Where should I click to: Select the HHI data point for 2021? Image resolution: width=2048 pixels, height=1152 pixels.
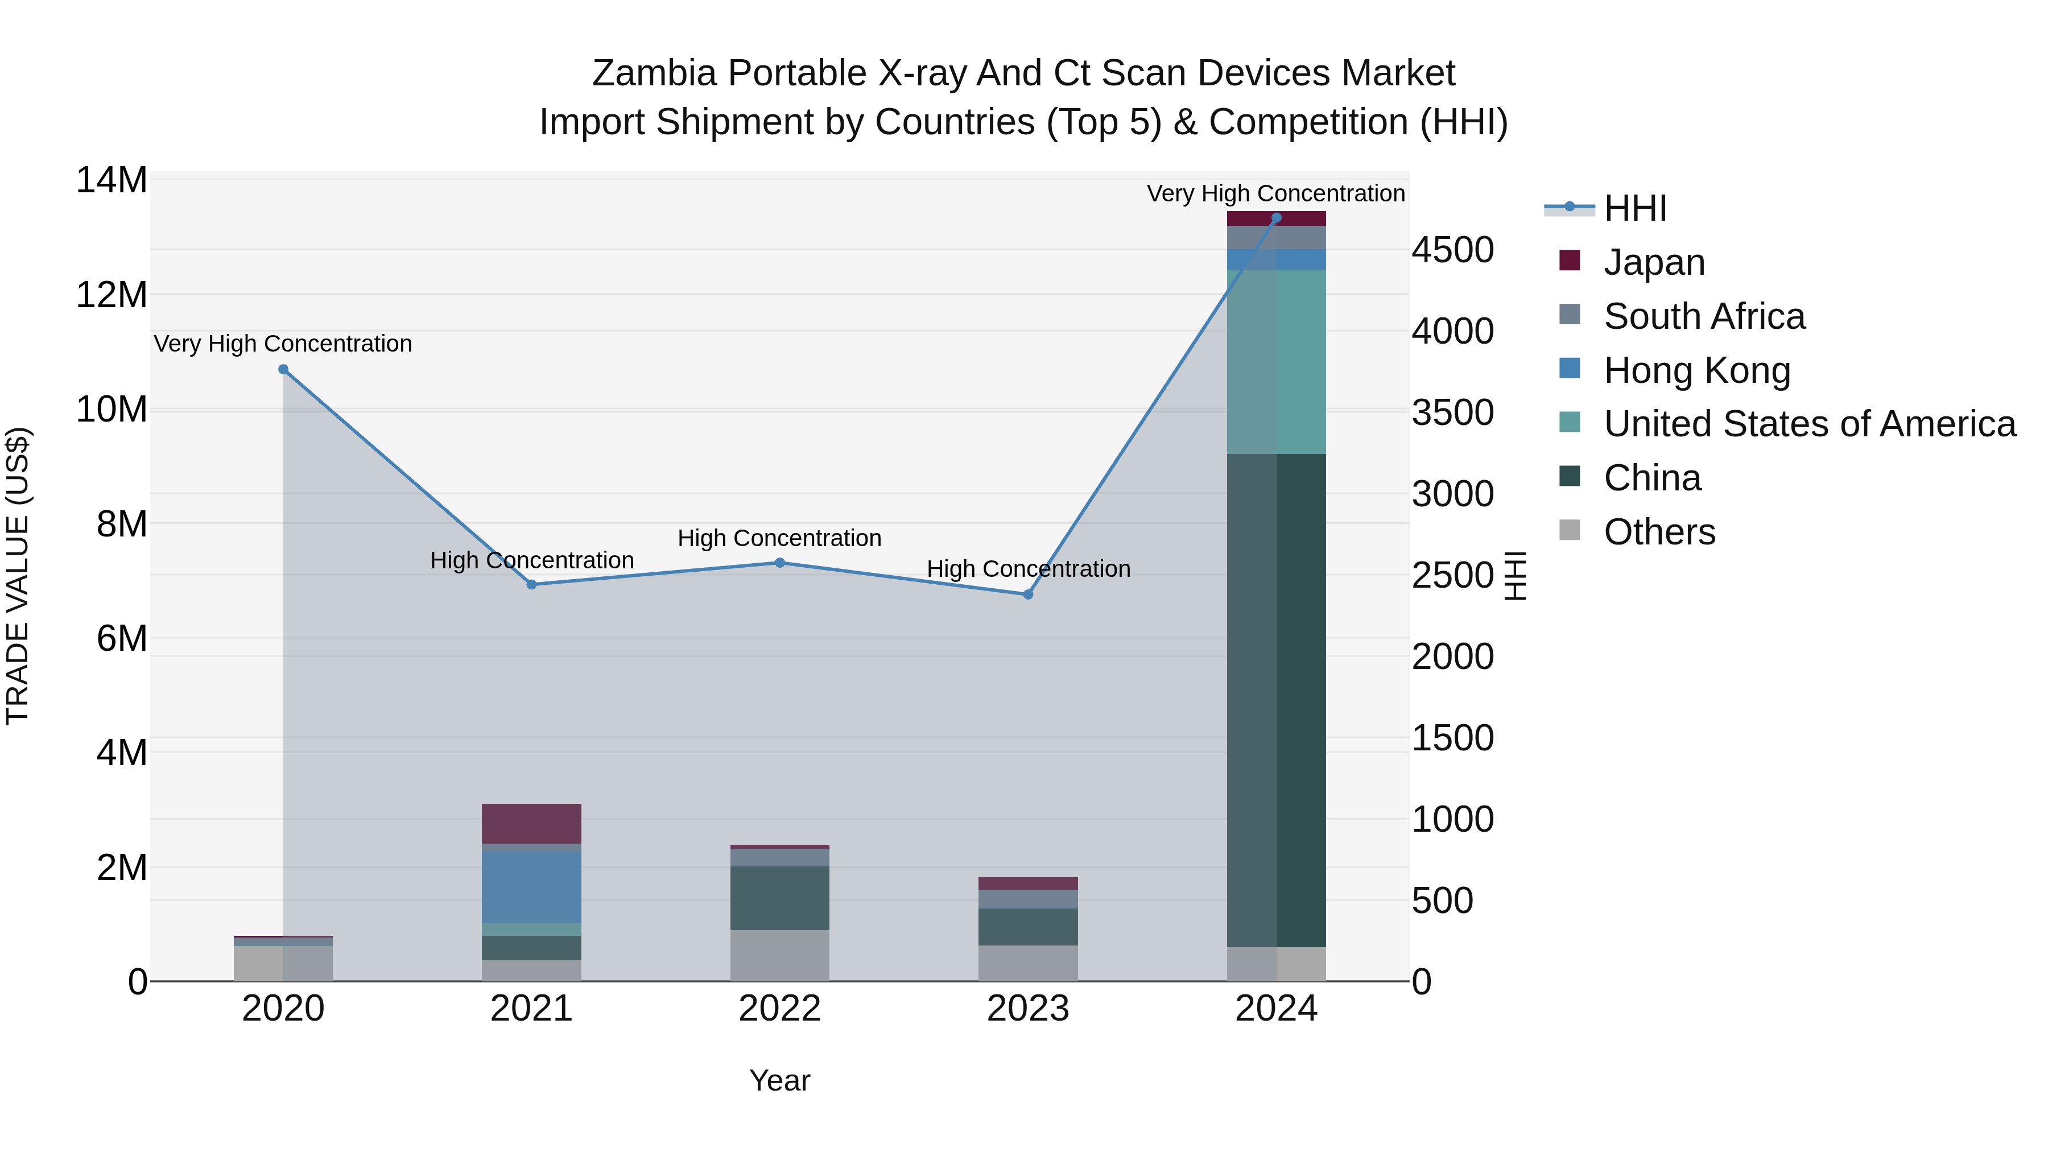click(x=532, y=584)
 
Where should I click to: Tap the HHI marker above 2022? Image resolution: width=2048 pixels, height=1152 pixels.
click(x=780, y=563)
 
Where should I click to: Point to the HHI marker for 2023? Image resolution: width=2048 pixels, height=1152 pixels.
click(x=1028, y=594)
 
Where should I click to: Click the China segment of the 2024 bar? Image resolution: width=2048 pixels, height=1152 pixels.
click(x=1276, y=700)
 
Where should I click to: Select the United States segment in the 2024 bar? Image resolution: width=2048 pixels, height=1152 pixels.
click(x=1276, y=362)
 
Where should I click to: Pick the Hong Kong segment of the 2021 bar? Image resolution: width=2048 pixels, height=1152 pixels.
click(x=532, y=886)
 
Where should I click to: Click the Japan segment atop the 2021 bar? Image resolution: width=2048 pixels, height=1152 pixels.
click(x=532, y=823)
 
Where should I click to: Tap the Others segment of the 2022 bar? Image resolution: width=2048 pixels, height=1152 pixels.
click(x=780, y=956)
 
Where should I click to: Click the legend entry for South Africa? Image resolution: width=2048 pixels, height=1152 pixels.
click(x=1704, y=316)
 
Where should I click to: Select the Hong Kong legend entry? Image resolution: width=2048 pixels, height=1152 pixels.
click(x=1696, y=370)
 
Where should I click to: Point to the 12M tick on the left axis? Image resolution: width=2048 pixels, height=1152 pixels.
click(x=112, y=295)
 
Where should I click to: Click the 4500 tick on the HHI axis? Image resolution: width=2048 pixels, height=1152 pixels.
click(x=1452, y=250)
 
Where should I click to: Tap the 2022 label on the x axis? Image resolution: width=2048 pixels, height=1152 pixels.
click(x=780, y=1009)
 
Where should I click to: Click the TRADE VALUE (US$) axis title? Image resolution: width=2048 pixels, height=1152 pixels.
click(x=18, y=576)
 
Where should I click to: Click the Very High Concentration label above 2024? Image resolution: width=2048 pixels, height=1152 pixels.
click(x=1275, y=193)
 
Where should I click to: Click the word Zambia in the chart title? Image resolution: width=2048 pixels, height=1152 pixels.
click(x=654, y=73)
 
